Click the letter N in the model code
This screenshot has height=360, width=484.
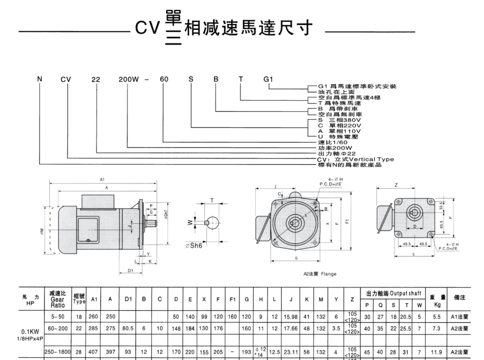39,80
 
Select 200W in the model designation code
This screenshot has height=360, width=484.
128,80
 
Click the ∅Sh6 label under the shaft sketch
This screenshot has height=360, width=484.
197,246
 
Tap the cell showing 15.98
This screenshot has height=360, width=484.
291,317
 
